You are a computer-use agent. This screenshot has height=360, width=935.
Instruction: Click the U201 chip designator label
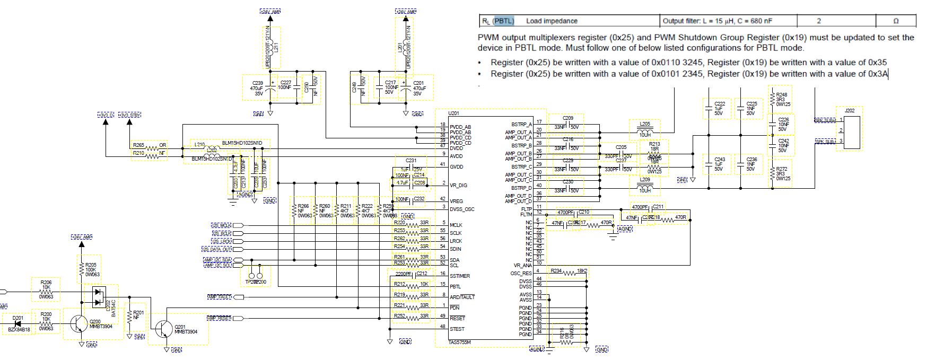click(x=454, y=113)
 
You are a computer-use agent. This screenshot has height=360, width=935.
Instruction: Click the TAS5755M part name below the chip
click(x=459, y=343)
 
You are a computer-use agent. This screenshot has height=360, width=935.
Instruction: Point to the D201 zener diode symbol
click(x=18, y=323)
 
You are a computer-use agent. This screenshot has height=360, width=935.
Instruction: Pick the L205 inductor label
click(x=645, y=124)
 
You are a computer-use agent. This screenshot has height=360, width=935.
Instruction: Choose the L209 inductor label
click(x=645, y=180)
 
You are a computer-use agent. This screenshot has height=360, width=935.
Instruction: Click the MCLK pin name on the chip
click(x=456, y=225)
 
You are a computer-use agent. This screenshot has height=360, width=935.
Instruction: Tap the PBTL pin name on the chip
click(x=455, y=287)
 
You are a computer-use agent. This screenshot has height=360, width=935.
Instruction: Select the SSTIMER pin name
click(x=459, y=276)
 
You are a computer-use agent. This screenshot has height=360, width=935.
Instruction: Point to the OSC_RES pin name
click(x=522, y=274)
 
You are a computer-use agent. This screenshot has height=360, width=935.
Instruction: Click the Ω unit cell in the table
click(x=896, y=21)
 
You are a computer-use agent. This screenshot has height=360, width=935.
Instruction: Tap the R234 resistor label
click(x=556, y=270)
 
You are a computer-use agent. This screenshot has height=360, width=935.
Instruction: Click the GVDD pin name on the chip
click(x=457, y=167)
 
